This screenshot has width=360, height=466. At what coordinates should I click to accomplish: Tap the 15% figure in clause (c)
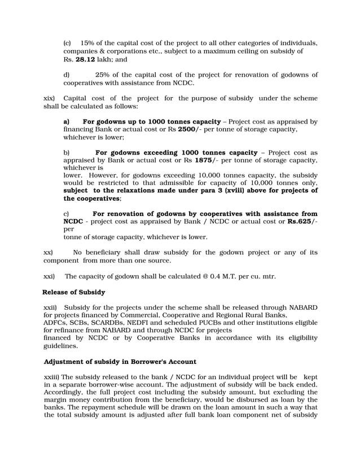(x=89, y=43)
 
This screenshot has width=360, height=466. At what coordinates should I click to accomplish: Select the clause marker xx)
(x=49, y=253)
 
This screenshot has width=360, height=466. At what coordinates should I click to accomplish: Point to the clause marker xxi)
(x=50, y=276)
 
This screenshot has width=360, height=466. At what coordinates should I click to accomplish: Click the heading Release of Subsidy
(x=74, y=292)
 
